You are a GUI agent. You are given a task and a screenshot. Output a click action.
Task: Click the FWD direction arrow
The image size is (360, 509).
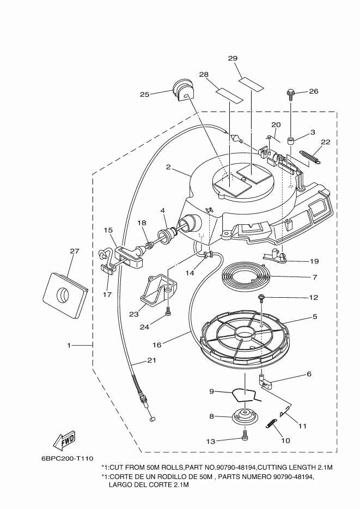(64, 440)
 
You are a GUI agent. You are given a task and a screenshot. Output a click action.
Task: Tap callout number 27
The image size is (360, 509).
(75, 251)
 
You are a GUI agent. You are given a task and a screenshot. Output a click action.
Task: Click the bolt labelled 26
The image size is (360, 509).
(290, 95)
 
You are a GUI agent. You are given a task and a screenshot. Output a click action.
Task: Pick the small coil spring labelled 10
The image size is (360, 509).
(271, 424)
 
